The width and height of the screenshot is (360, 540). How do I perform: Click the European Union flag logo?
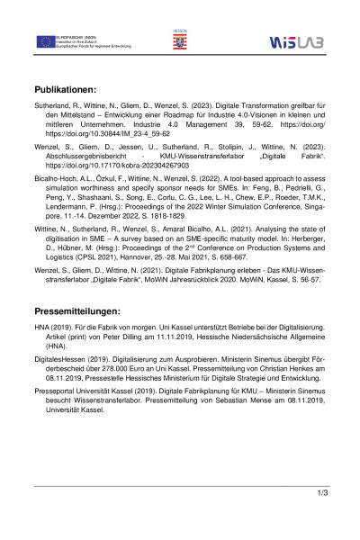[46, 41]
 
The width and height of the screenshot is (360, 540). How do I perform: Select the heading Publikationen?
[77, 91]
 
